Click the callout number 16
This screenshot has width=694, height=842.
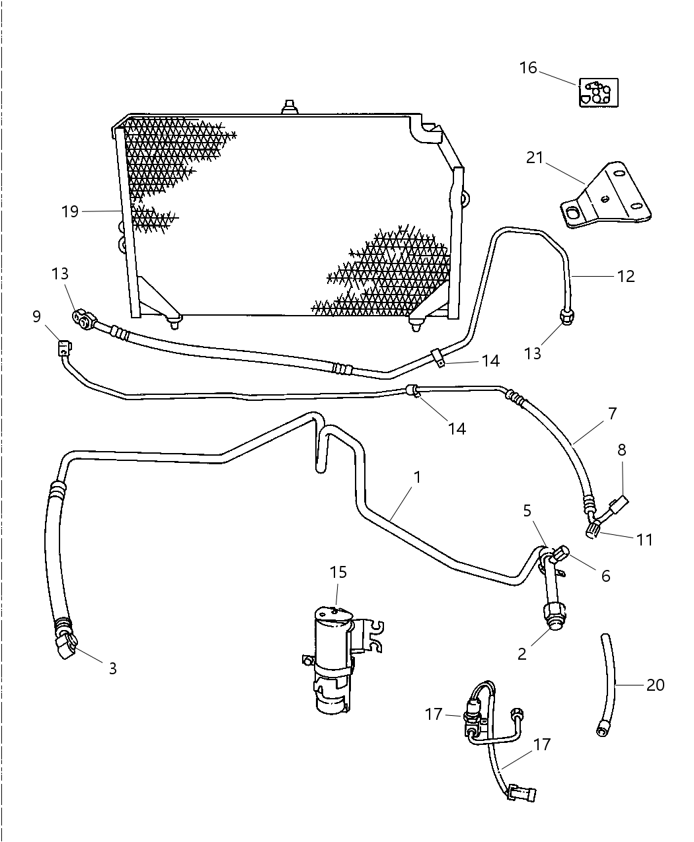(x=527, y=68)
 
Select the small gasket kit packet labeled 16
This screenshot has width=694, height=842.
(x=598, y=92)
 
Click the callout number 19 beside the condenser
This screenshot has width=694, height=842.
(x=70, y=211)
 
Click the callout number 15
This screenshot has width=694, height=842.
(x=338, y=572)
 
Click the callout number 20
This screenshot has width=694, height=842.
(x=655, y=685)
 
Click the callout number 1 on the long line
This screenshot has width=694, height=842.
(x=417, y=476)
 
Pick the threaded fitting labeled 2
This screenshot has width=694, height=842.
(x=551, y=614)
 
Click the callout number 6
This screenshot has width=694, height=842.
(x=605, y=576)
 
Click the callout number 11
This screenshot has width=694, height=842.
(x=644, y=540)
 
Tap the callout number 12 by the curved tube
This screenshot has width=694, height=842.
(x=625, y=276)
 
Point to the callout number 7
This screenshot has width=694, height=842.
(x=612, y=413)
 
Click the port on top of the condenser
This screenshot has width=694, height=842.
(x=289, y=106)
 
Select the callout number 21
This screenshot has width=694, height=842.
(x=535, y=158)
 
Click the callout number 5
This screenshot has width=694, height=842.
(x=527, y=510)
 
